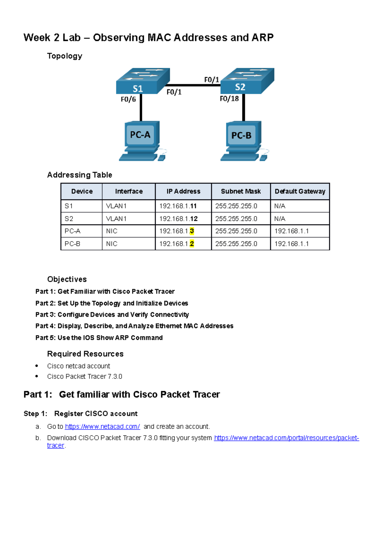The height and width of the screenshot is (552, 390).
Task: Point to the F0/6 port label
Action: [x=128, y=99]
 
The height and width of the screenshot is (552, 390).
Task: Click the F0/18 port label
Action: [x=229, y=99]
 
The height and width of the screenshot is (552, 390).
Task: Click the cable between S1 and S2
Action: [x=195, y=85]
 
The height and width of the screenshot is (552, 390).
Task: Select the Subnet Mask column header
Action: [x=240, y=191]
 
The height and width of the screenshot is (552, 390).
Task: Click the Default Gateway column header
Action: [x=300, y=191]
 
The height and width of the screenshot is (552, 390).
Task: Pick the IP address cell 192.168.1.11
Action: [x=178, y=206]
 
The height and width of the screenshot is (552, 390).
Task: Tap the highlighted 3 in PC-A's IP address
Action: [x=192, y=231]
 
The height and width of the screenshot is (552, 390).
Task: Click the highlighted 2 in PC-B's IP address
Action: [x=192, y=244]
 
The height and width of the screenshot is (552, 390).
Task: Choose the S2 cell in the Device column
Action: [x=69, y=219]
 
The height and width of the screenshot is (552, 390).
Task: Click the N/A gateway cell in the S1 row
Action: [x=279, y=206]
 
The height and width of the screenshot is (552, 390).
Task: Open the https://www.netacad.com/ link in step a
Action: [x=102, y=427]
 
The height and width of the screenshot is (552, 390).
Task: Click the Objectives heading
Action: [x=67, y=279]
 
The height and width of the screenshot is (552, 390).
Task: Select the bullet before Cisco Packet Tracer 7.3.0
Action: [x=37, y=376]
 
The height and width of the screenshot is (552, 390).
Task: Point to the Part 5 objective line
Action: [x=99, y=338]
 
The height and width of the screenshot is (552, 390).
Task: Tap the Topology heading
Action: [x=65, y=56]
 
